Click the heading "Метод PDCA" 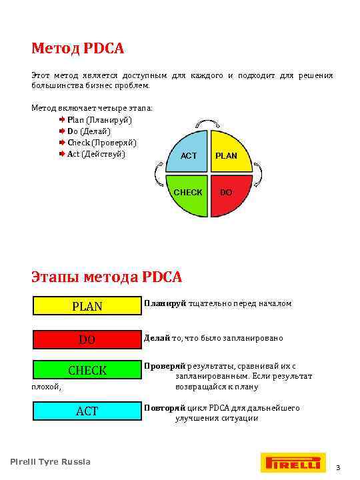78,49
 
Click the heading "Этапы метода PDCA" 107,276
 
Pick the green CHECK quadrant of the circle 189,193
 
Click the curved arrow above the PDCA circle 209,125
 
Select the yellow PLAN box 87,306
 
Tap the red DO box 87,339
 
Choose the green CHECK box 87,370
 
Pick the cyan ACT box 87,411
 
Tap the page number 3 338,468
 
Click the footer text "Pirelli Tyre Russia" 51,462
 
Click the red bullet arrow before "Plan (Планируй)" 62,120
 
